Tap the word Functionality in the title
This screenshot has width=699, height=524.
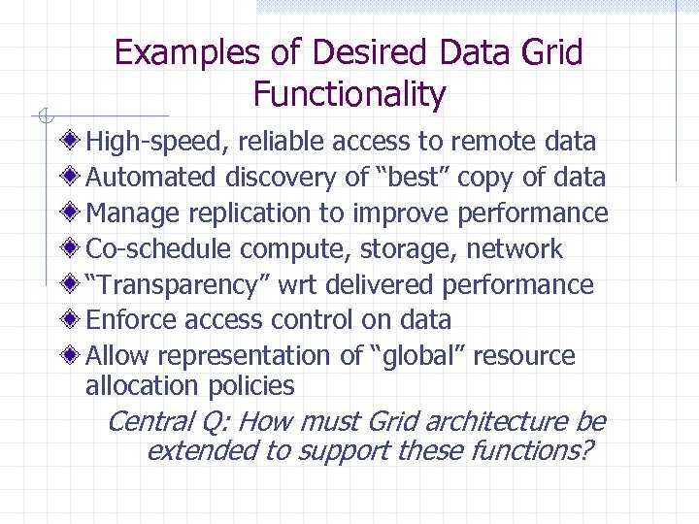(x=349, y=94)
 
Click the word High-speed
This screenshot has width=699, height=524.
(x=156, y=143)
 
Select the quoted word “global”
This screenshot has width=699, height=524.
(x=420, y=356)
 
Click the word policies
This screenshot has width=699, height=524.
(x=250, y=386)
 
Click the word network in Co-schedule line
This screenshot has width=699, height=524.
(x=514, y=249)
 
